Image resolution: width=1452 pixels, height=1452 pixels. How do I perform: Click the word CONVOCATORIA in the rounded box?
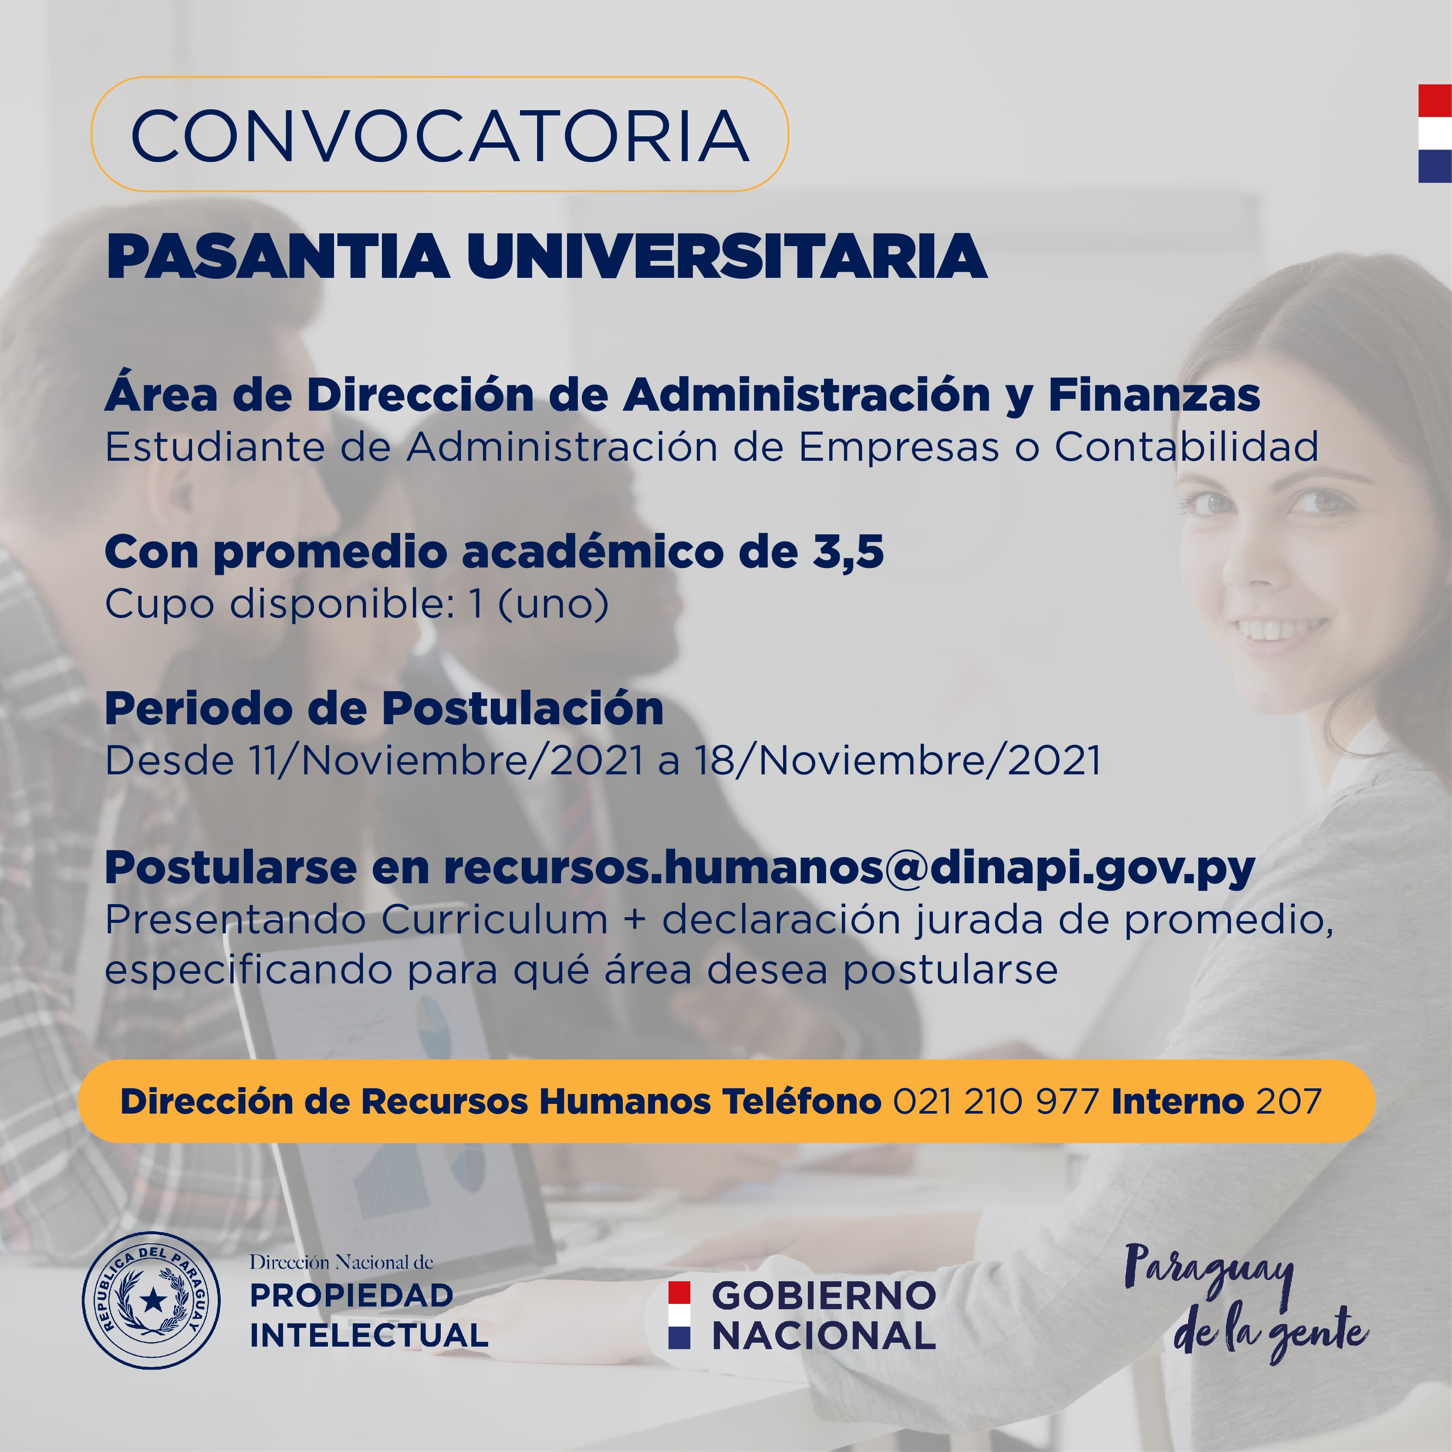point(440,135)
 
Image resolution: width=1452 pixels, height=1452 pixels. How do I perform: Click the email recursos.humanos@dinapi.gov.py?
point(849,869)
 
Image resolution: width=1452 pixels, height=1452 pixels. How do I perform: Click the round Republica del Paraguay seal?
point(151,1300)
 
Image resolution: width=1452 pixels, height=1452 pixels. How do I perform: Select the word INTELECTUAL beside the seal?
point(369,1336)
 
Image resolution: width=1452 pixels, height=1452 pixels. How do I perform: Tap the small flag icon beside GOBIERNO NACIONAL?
point(679,1315)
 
